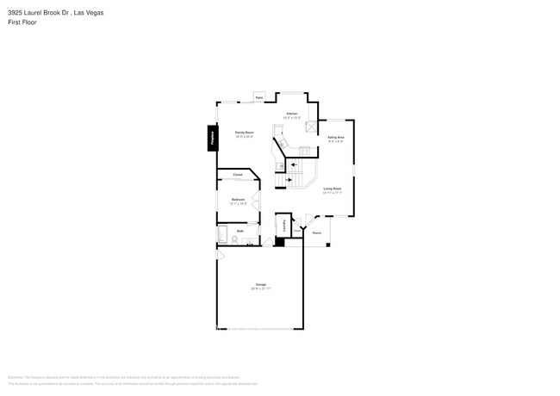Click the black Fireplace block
(x=211, y=138)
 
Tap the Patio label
(x=259, y=98)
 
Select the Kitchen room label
(x=292, y=114)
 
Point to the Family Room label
(x=244, y=133)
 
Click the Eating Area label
(x=336, y=137)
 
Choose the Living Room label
(x=333, y=189)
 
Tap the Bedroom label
(x=238, y=200)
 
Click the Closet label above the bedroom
(x=238, y=175)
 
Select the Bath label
(x=240, y=231)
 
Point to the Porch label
(x=317, y=233)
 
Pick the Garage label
(x=260, y=284)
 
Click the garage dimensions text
(x=260, y=289)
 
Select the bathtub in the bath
(x=222, y=235)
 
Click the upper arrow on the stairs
(x=294, y=164)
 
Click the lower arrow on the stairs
(x=289, y=180)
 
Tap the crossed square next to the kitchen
(x=312, y=127)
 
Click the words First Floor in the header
(x=22, y=22)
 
